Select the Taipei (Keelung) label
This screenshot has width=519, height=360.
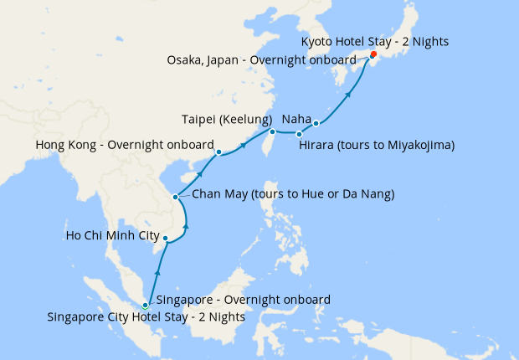tap(227, 118)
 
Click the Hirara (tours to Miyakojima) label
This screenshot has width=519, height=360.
tap(377, 145)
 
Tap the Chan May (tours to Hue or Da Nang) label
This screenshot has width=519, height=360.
tap(293, 194)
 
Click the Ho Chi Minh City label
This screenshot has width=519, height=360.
tap(112, 235)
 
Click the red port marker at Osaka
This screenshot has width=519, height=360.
tap(373, 56)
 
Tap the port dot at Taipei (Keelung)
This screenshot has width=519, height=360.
tap(272, 131)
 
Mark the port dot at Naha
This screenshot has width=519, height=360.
tap(316, 124)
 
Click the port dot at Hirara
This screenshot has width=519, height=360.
tap(299, 134)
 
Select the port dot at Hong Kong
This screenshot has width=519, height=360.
tap(218, 152)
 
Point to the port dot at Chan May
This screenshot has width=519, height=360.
tap(175, 198)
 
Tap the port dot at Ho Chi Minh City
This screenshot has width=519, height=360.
tap(166, 239)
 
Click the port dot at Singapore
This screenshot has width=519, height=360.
tap(146, 306)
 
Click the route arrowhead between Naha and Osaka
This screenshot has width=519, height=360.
tap(347, 95)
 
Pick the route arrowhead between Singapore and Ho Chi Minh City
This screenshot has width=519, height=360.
tap(157, 272)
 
